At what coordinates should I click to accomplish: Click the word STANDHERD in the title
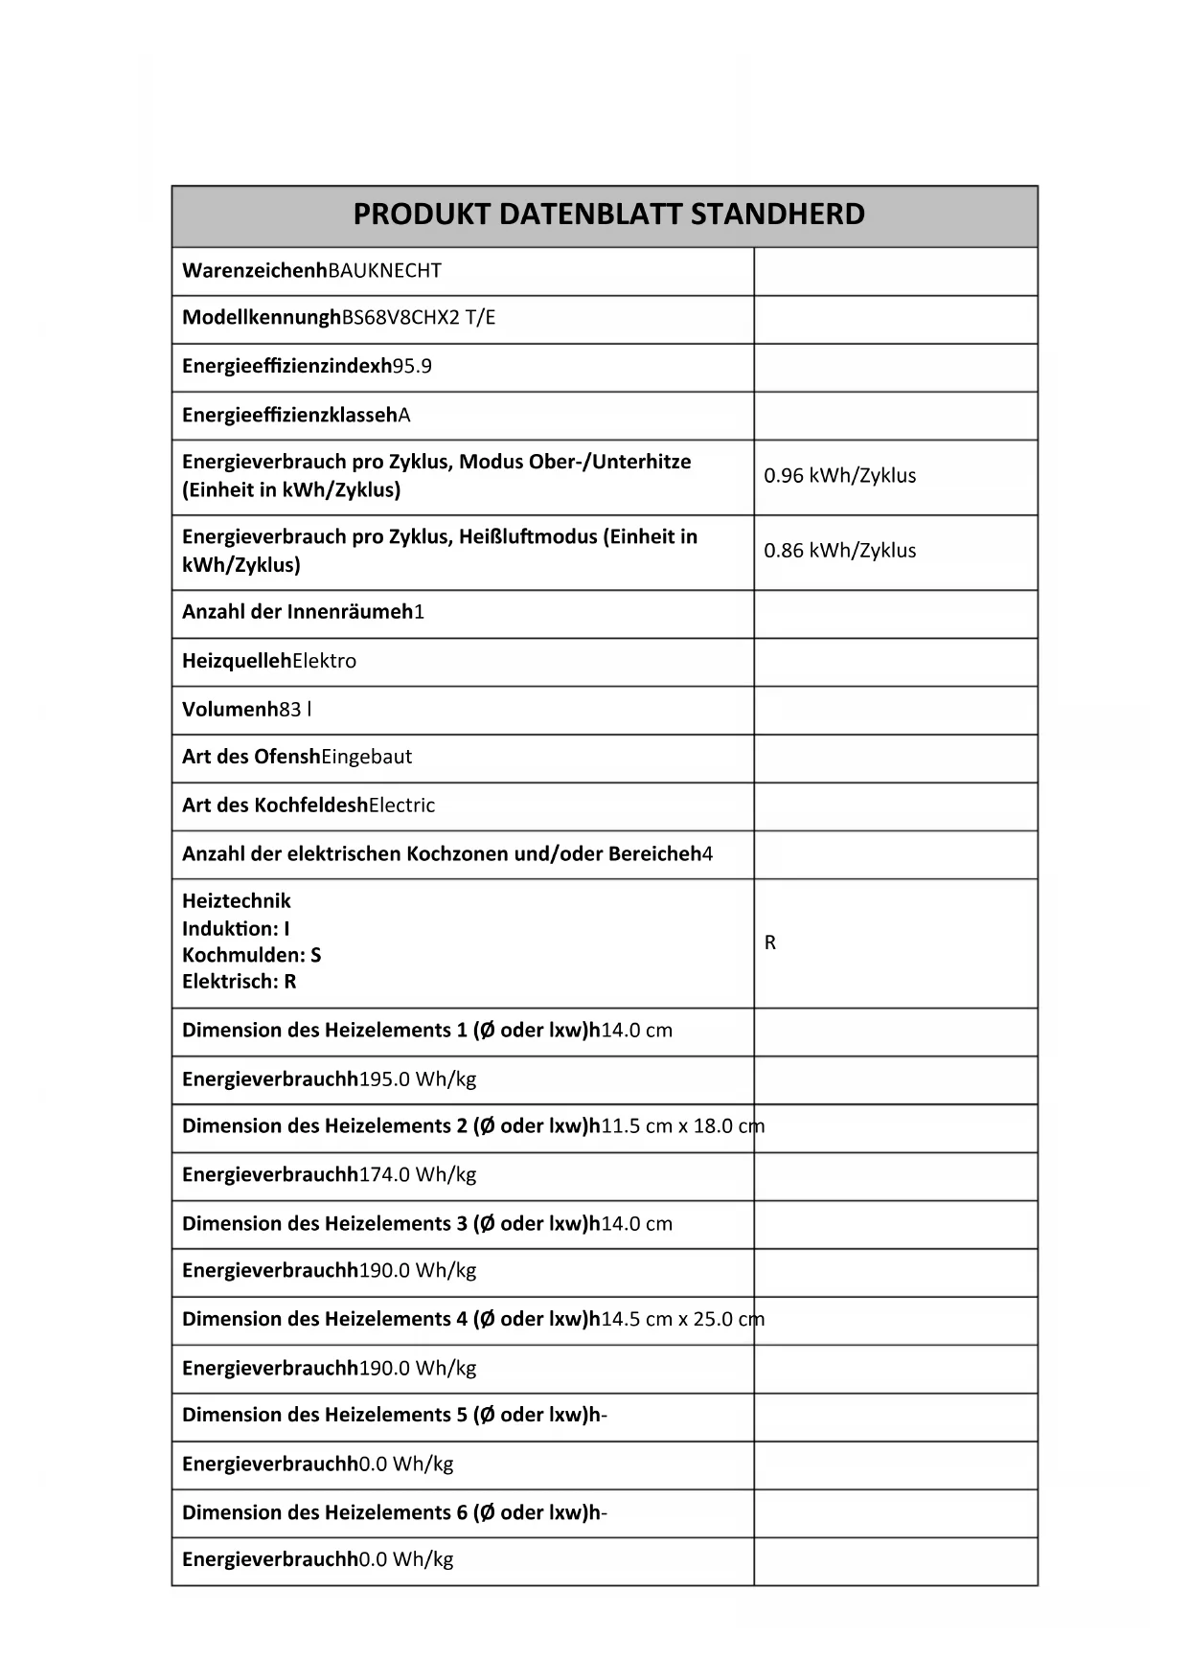point(777,214)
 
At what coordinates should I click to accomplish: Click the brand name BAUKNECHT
point(385,271)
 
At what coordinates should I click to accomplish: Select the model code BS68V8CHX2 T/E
point(420,318)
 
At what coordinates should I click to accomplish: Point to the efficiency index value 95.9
point(413,367)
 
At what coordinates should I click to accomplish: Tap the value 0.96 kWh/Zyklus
point(839,476)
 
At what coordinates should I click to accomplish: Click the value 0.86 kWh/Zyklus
point(839,551)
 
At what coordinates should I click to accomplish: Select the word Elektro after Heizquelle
point(324,661)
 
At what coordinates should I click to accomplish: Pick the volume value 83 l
point(295,710)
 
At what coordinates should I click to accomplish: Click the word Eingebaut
point(367,757)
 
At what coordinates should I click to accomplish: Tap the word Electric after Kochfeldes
point(401,806)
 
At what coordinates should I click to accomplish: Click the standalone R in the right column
point(770,943)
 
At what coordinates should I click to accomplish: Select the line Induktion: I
point(236,928)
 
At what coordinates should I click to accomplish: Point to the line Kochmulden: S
point(251,955)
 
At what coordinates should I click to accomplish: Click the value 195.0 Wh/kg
point(418,1079)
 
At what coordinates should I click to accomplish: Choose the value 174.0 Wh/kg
point(418,1175)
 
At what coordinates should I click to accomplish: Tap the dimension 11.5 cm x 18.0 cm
point(682,1126)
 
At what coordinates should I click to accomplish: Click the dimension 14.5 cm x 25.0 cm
point(682,1320)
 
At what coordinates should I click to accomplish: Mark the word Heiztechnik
point(236,901)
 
